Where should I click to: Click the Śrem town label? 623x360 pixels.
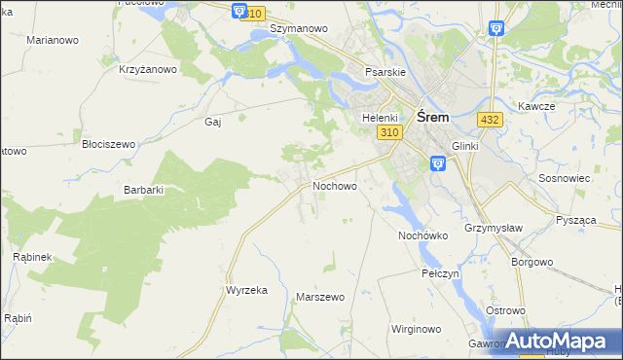432,116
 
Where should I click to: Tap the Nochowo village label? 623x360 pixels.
334,185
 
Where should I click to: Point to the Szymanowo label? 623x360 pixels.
298,28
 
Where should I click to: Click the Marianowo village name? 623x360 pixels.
53,40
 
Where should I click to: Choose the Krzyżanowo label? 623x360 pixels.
148,69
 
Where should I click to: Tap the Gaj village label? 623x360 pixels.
213,122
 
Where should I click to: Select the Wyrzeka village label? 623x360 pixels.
246,290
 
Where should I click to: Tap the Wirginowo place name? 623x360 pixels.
418,329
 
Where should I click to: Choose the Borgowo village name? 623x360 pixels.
532,262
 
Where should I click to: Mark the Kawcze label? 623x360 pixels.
536,106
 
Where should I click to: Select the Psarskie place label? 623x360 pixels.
385,71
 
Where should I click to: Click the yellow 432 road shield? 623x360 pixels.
490,119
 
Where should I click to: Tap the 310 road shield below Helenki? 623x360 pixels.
389,132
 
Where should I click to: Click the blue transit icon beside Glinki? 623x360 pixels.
437,164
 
